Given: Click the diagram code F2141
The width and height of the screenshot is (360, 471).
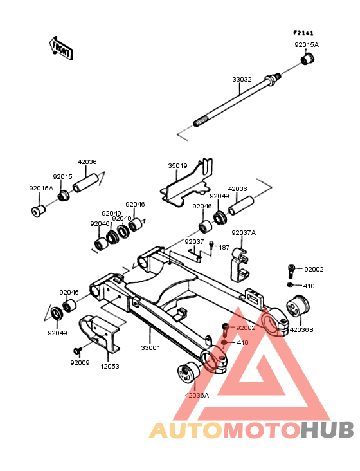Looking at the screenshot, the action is point(303,33).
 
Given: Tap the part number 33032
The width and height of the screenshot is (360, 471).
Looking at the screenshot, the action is point(242,80).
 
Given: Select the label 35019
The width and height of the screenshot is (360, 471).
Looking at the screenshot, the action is point(177,166).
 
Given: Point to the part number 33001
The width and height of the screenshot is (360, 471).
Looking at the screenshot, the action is point(150,348).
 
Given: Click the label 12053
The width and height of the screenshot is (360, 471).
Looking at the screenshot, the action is point(110,367).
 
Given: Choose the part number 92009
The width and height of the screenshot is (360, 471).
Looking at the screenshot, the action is point(80,362).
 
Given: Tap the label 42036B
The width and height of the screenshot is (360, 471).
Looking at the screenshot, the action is point(301,330).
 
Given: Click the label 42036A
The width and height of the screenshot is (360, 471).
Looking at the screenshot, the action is point(197,395).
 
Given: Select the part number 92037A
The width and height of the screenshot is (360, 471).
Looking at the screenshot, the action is point(244,233).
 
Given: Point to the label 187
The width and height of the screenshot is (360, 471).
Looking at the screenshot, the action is point(224,248).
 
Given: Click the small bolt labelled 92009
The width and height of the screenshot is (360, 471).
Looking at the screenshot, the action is point(78,350).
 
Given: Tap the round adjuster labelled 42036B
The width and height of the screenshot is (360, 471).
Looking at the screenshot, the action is point(297,306).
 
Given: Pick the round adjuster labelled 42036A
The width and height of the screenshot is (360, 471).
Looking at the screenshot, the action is point(189,373).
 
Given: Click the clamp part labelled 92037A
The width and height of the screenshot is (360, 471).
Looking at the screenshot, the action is point(239,265).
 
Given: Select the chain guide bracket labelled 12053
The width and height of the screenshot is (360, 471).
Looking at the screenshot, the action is point(100,333).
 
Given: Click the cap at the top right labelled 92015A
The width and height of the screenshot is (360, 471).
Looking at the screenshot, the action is point(308,59).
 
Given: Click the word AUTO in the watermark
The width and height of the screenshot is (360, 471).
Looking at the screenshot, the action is point(186,430).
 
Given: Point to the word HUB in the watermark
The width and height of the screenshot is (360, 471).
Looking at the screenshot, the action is point(327,430).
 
